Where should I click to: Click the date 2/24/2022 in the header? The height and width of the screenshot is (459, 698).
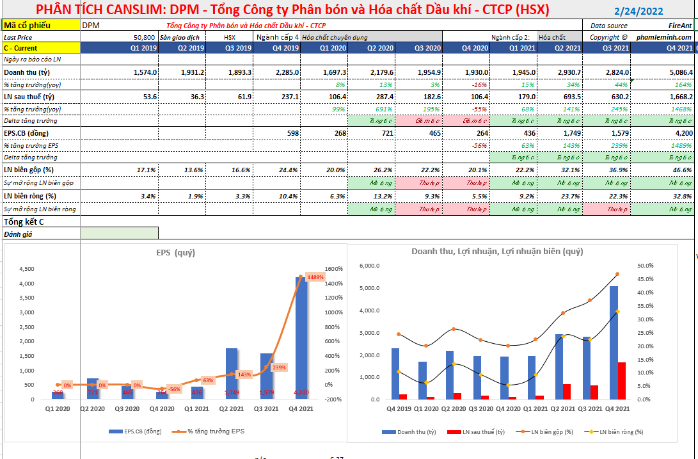(638, 11)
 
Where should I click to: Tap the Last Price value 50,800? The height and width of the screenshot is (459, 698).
(144, 37)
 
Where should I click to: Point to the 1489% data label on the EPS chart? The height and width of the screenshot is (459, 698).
(315, 277)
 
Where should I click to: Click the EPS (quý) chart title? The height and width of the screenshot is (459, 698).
(175, 253)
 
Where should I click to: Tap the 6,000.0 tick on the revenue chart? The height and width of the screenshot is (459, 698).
(370, 266)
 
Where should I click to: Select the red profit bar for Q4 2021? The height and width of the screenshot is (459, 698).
(621, 380)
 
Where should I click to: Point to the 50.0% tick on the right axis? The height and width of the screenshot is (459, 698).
(645, 266)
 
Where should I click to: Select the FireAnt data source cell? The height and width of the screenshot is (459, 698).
(679, 26)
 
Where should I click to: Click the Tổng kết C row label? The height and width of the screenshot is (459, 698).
(24, 222)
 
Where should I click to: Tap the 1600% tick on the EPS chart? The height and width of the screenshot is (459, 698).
(335, 269)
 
